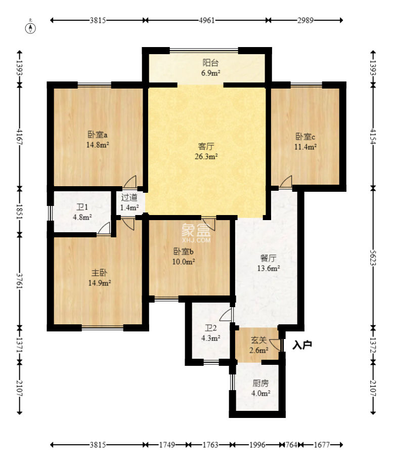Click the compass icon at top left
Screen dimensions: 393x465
31,28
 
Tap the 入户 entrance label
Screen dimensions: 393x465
302,345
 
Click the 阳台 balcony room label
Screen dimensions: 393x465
210,63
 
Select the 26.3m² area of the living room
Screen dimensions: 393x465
206,156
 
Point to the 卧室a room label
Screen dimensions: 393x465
98,135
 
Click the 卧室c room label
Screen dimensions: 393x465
305,137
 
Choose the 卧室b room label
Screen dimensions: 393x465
184,251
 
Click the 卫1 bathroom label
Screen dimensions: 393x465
82,207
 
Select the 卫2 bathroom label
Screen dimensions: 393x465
211,328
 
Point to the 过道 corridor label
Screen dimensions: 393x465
129,197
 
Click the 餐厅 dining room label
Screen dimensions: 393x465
268,258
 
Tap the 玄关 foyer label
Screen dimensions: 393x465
259,340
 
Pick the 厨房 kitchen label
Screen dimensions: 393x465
260,384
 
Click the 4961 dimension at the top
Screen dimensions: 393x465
206,20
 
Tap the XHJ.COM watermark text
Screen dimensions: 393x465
196,240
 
